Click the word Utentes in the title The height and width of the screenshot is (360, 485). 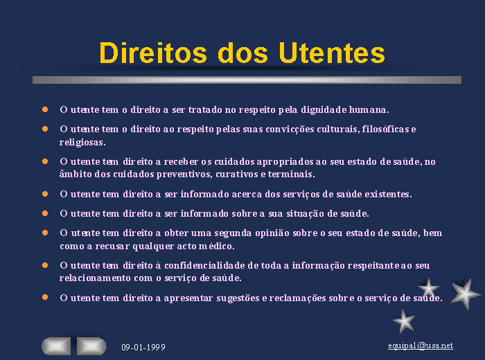point(332,53)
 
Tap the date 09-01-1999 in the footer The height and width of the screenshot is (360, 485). point(143,348)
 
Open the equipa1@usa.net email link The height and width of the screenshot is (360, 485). point(421,345)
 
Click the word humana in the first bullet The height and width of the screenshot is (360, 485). point(369,109)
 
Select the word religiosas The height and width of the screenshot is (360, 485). point(82,142)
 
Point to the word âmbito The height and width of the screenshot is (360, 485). point(76,174)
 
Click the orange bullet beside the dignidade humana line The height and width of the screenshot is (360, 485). point(45,109)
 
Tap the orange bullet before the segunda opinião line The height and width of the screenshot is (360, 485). point(45,233)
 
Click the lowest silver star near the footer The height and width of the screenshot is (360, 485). point(404,321)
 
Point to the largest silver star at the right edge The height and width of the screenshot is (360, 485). point(465,294)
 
